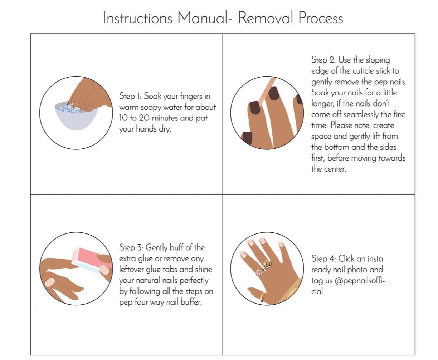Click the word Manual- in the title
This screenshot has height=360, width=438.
205,18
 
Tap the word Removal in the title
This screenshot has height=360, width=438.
266,18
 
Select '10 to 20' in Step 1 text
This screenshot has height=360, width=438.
134,118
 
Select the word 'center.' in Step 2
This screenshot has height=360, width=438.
335,169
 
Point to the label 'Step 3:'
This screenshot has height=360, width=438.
131,247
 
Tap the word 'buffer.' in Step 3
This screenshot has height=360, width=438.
191,302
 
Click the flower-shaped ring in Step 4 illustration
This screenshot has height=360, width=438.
259,272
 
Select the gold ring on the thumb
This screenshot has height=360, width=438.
262,297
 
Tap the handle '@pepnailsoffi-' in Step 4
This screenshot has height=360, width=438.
360,281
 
